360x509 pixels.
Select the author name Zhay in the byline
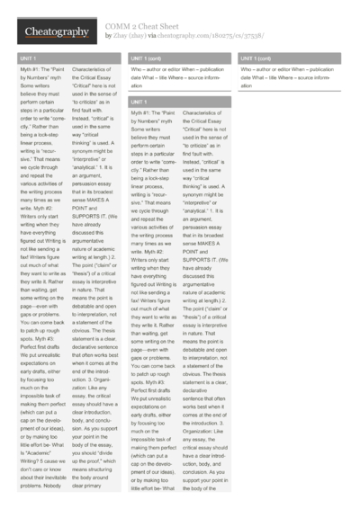click(121, 37)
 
